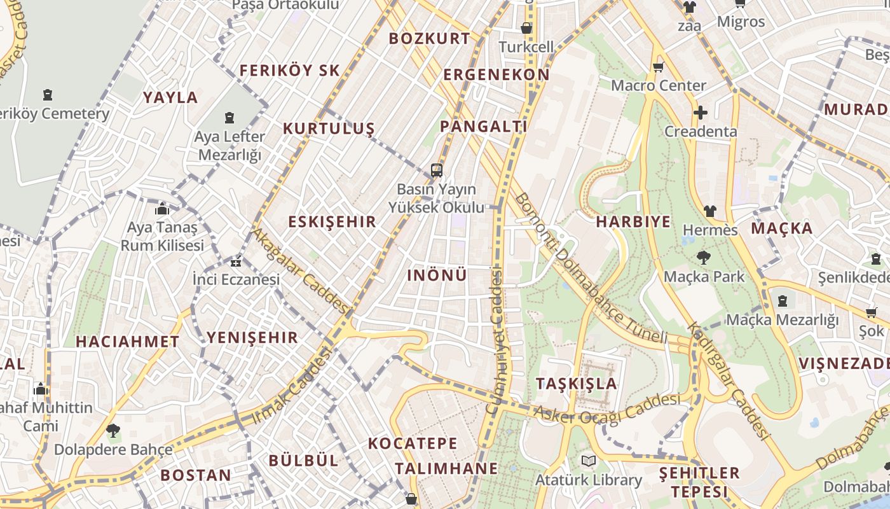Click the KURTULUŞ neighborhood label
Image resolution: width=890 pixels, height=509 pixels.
(329, 129)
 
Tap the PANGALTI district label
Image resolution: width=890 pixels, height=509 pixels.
(484, 126)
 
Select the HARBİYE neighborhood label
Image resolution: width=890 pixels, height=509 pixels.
(633, 221)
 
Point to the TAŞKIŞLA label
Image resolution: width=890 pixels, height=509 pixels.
(577, 384)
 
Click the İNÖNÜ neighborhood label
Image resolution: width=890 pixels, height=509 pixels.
(437, 275)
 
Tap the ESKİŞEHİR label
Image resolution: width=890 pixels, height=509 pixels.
(332, 222)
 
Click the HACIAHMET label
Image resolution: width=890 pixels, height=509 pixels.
(128, 342)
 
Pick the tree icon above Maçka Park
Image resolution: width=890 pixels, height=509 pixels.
(703, 258)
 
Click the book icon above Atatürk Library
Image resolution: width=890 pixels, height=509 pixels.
(588, 461)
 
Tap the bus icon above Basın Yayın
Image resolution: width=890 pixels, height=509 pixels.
(436, 170)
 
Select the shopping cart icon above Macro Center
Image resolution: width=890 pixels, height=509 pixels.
(658, 67)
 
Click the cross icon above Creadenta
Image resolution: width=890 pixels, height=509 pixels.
(700, 113)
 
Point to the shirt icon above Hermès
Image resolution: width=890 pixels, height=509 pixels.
(709, 211)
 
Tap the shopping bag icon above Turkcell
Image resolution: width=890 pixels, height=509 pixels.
(526, 28)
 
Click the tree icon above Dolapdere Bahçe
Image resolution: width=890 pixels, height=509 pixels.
(113, 431)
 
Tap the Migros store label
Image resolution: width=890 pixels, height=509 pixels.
(741, 22)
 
